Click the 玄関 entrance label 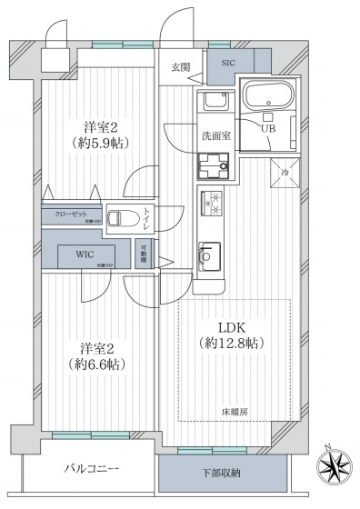(x=181, y=66)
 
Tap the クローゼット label (x=65, y=214)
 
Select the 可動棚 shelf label (x=144, y=255)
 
